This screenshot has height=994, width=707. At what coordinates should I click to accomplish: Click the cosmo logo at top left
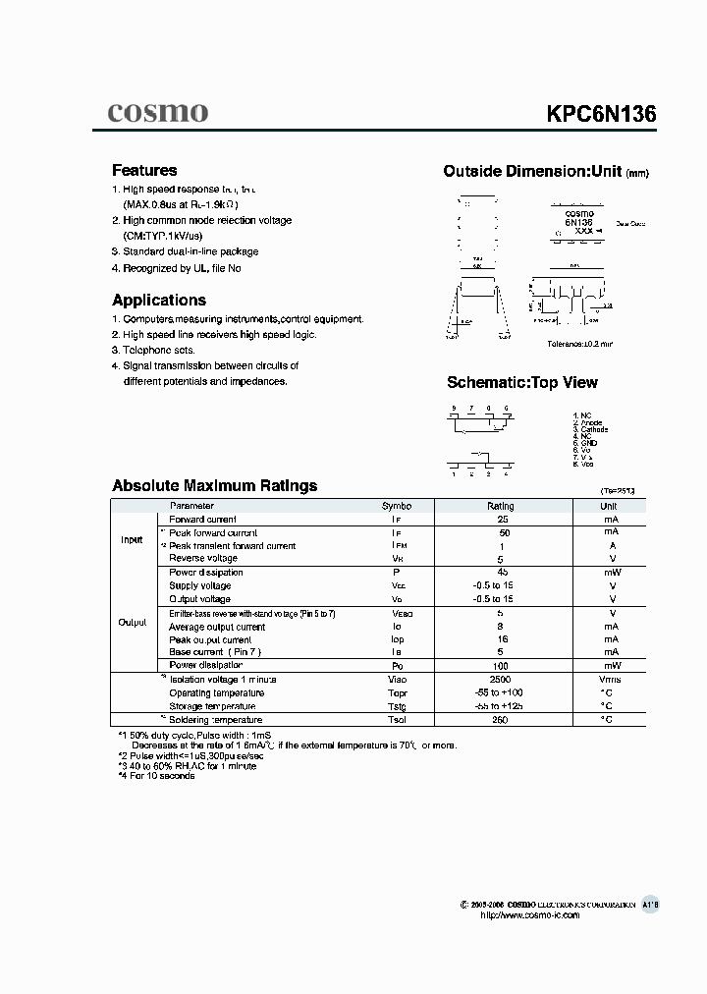(x=157, y=113)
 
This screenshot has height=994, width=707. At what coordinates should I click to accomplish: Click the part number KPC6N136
(x=601, y=114)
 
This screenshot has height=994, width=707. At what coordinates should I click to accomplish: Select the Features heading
(x=144, y=170)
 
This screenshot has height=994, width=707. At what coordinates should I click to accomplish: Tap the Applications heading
(x=159, y=301)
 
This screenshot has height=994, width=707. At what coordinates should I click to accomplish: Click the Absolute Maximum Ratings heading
(x=214, y=485)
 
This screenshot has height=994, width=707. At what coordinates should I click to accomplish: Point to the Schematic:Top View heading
(x=521, y=383)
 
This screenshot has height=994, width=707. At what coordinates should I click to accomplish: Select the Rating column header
(x=501, y=506)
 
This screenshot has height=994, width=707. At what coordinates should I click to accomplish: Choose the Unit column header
(x=610, y=506)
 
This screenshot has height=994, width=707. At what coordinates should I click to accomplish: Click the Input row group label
(x=132, y=539)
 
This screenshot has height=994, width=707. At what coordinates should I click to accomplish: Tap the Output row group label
(x=132, y=622)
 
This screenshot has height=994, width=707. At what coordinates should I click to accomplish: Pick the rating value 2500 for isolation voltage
(x=501, y=679)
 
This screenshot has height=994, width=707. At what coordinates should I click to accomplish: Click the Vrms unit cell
(x=610, y=679)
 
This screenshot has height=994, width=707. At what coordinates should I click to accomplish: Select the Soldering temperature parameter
(x=216, y=720)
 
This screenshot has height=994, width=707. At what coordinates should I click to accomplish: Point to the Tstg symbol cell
(x=397, y=706)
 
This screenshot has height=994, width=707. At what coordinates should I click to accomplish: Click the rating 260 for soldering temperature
(x=501, y=720)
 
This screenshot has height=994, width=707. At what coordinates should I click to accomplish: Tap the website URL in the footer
(x=530, y=914)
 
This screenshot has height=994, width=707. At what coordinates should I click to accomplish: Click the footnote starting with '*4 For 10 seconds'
(x=156, y=776)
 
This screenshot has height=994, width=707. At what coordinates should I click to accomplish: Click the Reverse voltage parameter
(x=203, y=558)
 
